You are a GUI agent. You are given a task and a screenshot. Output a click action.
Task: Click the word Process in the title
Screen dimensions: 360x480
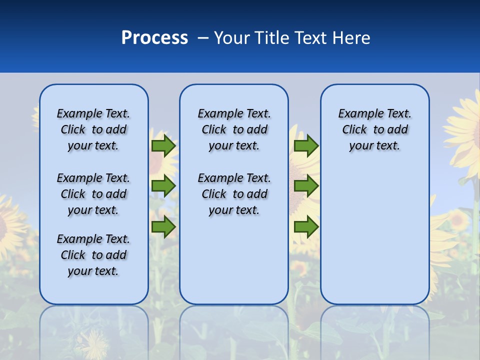tap(154, 38)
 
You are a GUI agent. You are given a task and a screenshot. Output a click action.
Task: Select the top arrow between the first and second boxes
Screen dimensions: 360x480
tap(163, 145)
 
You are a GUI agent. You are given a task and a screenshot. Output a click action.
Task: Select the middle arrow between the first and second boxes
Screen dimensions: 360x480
tap(163, 186)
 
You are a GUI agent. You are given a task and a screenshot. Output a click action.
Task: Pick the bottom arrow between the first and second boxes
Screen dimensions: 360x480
tap(163, 227)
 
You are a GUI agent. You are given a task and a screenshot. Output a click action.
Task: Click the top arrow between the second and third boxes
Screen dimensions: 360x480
tap(306, 145)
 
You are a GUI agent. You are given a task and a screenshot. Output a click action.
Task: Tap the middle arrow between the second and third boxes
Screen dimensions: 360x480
tap(306, 186)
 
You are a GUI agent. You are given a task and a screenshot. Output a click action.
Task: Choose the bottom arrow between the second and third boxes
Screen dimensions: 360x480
tap(306, 227)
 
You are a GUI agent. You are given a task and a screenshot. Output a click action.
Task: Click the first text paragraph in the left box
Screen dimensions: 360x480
tap(93, 129)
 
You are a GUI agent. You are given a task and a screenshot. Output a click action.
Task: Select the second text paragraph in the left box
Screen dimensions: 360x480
tap(93, 194)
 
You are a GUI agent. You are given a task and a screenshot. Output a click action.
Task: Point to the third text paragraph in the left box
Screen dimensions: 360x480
tap(93, 255)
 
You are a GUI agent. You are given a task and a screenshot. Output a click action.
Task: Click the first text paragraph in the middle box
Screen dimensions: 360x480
tap(234, 129)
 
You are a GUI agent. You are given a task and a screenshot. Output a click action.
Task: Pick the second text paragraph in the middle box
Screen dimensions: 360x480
tap(234, 194)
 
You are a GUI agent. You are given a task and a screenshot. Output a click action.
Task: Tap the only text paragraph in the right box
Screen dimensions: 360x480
tap(374, 129)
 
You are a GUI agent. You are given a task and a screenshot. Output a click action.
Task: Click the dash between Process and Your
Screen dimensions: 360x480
tap(203, 38)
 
